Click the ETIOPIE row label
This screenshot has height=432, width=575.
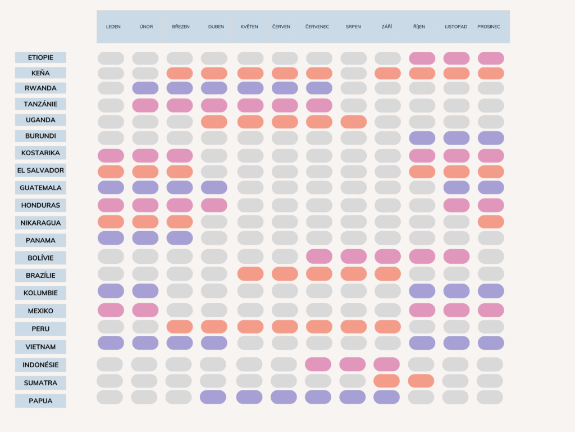tap(40, 57)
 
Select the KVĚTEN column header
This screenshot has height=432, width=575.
tap(249, 26)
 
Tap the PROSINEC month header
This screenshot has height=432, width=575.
tap(490, 26)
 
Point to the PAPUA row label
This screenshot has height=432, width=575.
tap(40, 401)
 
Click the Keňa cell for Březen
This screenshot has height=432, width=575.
tap(180, 73)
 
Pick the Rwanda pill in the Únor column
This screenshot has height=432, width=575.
tap(145, 88)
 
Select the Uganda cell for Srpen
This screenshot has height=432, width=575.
tap(353, 121)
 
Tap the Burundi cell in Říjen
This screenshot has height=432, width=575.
tap(422, 138)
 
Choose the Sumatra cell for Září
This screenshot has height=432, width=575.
tap(386, 381)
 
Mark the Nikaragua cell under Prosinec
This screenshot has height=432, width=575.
tap(491, 222)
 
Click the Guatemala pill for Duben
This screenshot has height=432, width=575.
tap(214, 187)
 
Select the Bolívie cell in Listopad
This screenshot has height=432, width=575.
tap(457, 256)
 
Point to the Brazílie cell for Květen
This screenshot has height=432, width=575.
tap(250, 274)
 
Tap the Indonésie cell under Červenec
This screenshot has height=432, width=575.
tap(318, 364)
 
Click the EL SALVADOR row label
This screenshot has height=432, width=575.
tap(40, 170)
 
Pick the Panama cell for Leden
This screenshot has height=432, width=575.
tap(111, 238)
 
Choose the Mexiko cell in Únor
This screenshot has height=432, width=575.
tap(145, 310)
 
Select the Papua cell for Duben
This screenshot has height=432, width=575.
tap(213, 397)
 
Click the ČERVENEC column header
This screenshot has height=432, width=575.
tap(317, 26)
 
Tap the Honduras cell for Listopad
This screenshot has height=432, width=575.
tap(457, 205)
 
